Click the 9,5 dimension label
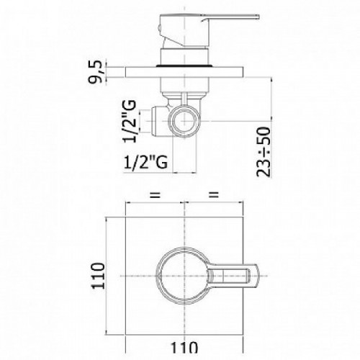pyautogui.click(x=96, y=72)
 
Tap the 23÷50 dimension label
pyautogui.click(x=264, y=152)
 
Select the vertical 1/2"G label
pyautogui.click(x=130, y=122)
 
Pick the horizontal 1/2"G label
pyautogui.click(x=145, y=162)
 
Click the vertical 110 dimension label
pyautogui.click(x=99, y=276)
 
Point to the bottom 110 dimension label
pyautogui.click(x=184, y=348)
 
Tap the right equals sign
pyautogui.click(x=214, y=194)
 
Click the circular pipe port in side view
pyautogui.click(x=184, y=121)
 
